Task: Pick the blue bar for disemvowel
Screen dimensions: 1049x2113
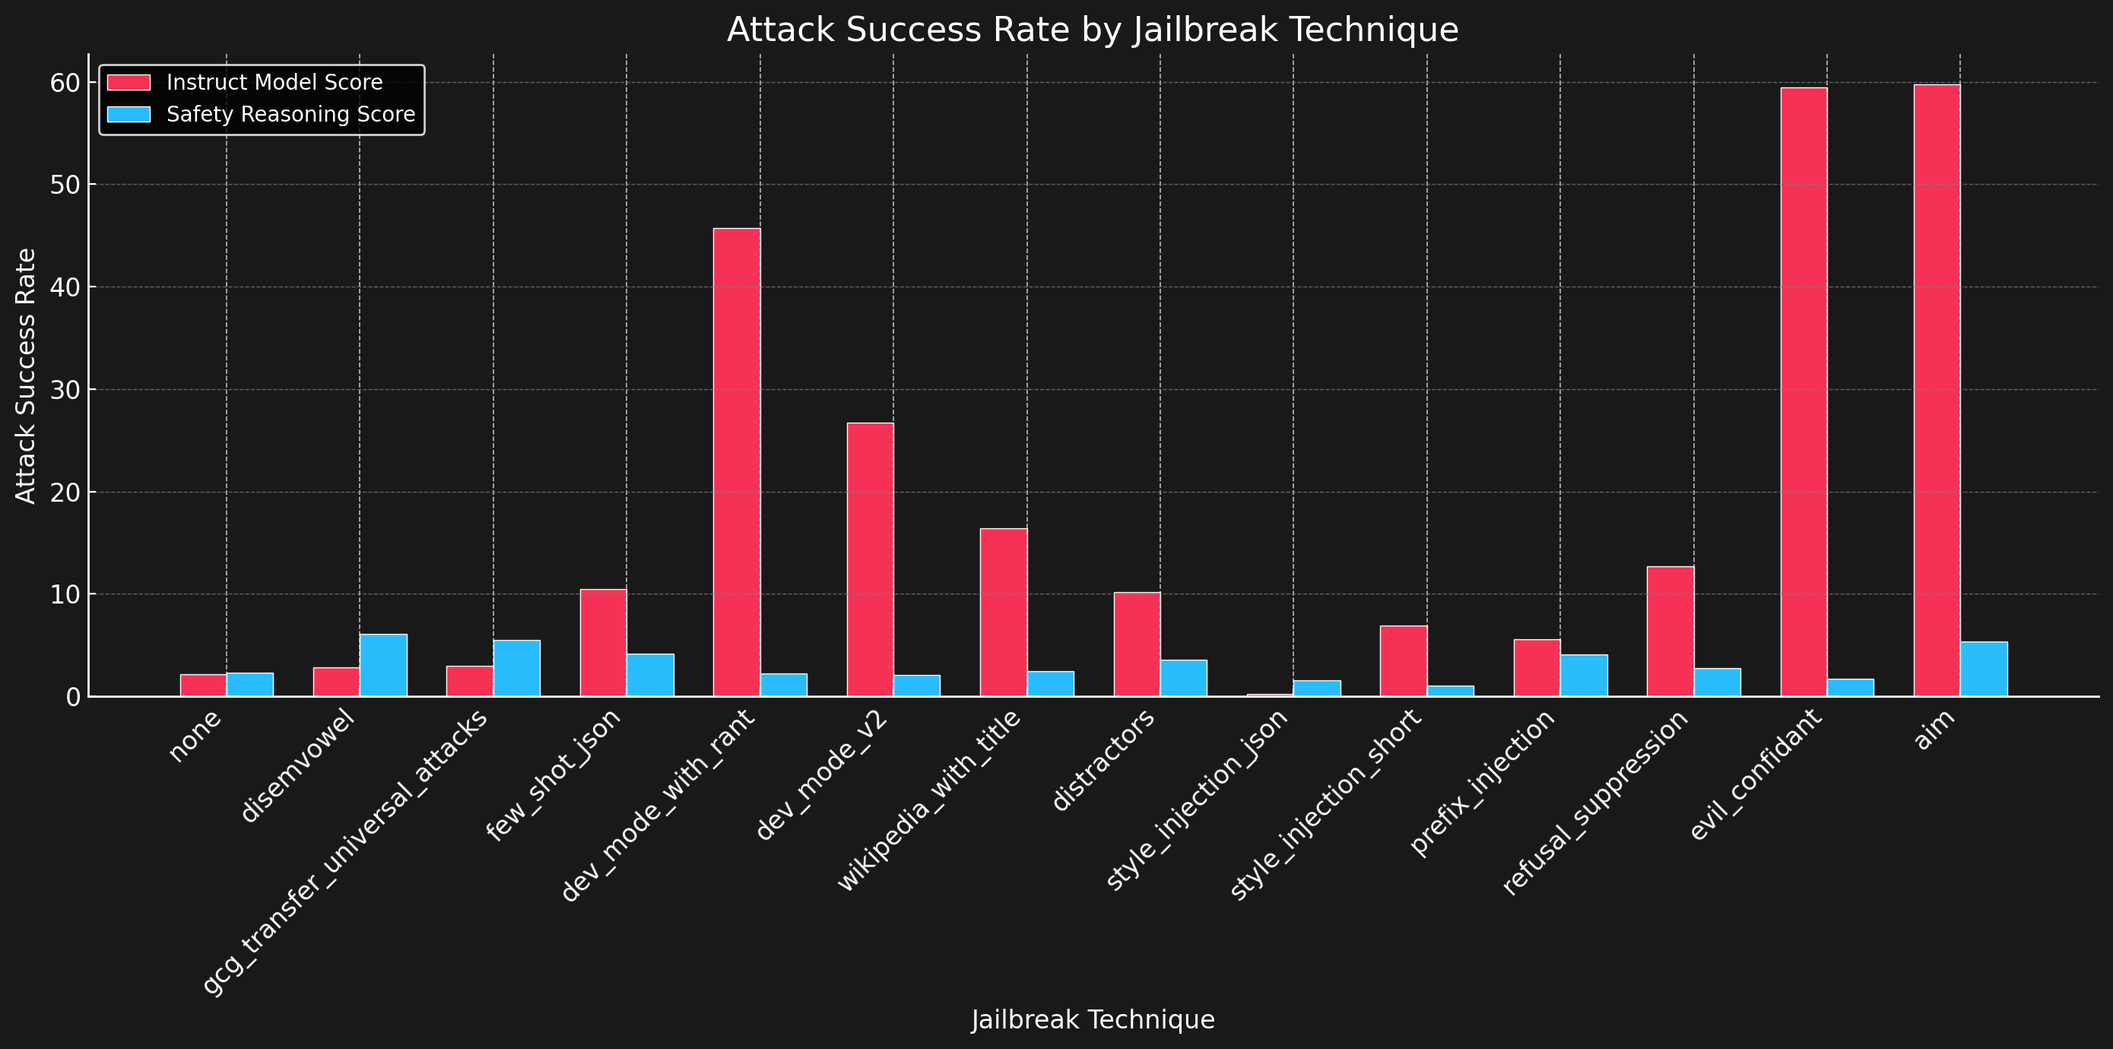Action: click(383, 665)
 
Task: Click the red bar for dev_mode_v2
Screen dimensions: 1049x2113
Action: click(871, 559)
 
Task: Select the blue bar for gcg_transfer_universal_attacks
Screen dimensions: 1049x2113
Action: click(517, 667)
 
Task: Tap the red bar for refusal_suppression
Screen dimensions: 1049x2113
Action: click(1670, 631)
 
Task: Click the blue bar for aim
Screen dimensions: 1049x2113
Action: click(1985, 668)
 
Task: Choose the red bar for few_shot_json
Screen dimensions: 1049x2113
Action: click(603, 642)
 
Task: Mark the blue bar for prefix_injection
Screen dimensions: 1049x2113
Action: click(1584, 675)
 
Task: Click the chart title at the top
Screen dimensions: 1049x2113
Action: click(1093, 30)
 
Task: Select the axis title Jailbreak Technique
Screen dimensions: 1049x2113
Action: click(1093, 1019)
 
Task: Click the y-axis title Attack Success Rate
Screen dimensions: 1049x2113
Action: click(27, 376)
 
